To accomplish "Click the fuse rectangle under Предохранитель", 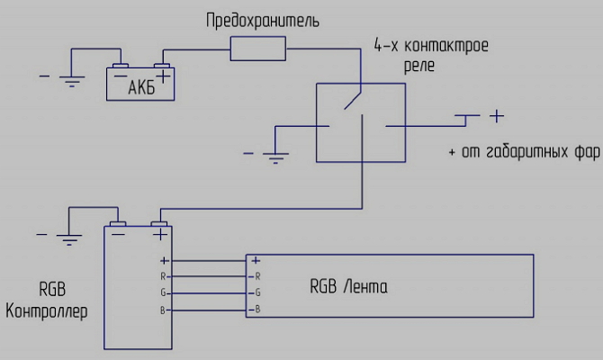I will point(258,49).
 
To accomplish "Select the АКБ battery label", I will point(141,89).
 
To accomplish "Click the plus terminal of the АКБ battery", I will point(163,67).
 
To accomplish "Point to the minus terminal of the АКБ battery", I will point(120,67).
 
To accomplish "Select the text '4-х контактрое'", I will point(429,45).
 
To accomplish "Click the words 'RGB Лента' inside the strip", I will point(349,288).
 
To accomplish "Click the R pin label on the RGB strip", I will point(257,275).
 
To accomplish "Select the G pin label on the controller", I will point(163,292).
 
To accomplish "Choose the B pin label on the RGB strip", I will point(257,310).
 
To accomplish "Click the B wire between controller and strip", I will point(207,310).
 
